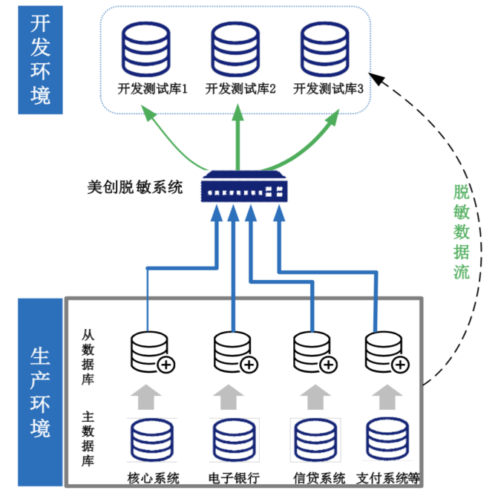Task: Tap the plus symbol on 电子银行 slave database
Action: pos(249,365)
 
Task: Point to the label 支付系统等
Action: pos(388,477)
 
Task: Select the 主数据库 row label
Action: pos(88,440)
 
